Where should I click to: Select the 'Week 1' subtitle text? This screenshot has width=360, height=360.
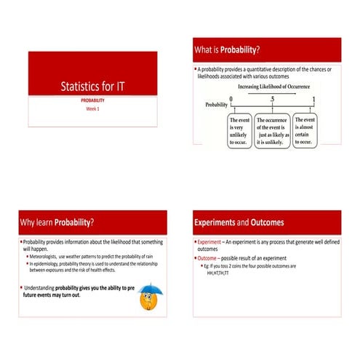92,108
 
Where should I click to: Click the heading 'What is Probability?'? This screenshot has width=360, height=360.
226,50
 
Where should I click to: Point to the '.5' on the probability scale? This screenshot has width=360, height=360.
272,98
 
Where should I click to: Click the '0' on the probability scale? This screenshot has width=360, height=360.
231,98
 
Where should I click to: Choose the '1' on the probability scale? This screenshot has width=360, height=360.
313,98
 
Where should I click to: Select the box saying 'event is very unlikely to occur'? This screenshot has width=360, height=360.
239,130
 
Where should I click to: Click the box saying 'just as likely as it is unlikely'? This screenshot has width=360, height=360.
273,130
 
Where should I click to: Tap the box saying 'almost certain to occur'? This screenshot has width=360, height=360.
305,130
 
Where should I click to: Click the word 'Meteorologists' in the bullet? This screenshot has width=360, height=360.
47,257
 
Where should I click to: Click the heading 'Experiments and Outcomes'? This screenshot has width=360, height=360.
239,222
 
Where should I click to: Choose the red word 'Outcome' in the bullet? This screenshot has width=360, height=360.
207,258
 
